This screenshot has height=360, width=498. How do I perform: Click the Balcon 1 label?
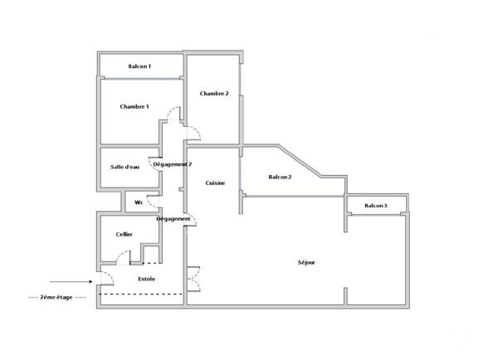pos(139,66)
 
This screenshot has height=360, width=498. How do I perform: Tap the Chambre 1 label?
pos(134,106)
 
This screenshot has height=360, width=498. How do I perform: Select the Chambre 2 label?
pos(214,94)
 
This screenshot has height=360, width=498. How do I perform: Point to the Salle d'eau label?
pos(125,167)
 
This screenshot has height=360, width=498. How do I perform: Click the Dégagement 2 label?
pos(173,164)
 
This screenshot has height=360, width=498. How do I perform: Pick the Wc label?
pos(139,202)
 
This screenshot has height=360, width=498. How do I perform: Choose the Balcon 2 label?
pos(280,177)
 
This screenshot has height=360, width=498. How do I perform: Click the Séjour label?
pos(306,262)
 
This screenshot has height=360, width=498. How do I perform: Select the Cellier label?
pos(124,235)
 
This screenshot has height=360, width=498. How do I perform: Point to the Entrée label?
pos(147,279)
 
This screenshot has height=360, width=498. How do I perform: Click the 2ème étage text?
pos(56,296)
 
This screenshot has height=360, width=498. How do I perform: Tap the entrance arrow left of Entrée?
pos(65,281)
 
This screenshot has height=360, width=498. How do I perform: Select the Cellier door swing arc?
pos(121,256)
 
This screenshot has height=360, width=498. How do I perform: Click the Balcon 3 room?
pos(376,205)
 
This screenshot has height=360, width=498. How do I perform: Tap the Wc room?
pos(136,202)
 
